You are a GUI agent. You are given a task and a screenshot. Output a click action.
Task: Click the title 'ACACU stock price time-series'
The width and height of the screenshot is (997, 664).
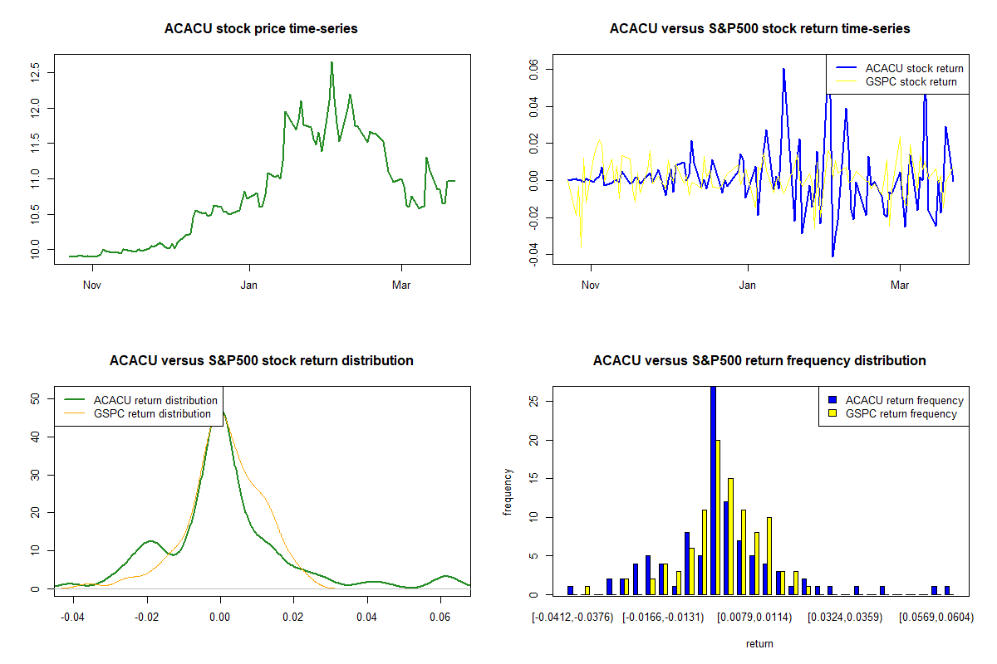click(x=261, y=29)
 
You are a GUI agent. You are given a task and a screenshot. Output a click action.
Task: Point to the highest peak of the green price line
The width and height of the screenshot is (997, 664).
click(x=332, y=62)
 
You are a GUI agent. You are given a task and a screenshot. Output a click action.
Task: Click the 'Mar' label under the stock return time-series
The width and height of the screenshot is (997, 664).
click(x=900, y=286)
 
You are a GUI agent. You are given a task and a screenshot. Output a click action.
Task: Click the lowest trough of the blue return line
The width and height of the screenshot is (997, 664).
click(x=832, y=256)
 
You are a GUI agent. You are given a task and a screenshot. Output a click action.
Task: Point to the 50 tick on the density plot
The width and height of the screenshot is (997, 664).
click(x=36, y=398)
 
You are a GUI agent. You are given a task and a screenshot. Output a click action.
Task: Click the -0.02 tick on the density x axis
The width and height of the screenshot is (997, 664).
click(x=146, y=618)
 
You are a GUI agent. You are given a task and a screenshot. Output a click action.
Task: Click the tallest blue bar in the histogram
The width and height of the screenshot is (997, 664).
click(x=713, y=491)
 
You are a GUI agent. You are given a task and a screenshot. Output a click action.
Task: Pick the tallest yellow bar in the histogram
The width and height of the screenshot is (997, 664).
click(x=718, y=517)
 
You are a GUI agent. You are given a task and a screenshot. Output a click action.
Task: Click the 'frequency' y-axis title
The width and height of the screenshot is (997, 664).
click(x=508, y=491)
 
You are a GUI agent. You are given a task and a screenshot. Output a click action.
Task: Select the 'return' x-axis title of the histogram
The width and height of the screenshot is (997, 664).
click(x=759, y=643)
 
